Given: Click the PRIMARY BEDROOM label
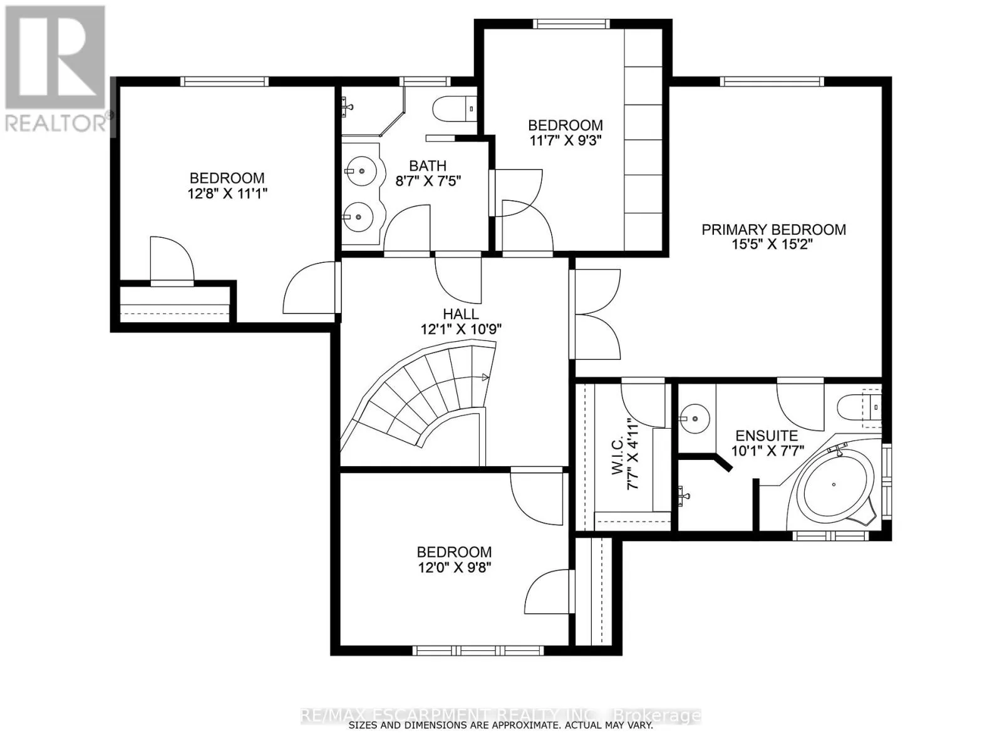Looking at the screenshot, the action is pyautogui.click(x=773, y=229).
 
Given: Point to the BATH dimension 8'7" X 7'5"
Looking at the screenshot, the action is pyautogui.click(x=428, y=181).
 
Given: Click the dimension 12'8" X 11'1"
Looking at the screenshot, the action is pyautogui.click(x=227, y=194).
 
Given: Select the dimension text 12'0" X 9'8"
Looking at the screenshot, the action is pyautogui.click(x=454, y=568).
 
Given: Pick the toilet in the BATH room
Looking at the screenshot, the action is pyautogui.click(x=454, y=109).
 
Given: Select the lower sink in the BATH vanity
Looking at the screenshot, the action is pyautogui.click(x=359, y=217).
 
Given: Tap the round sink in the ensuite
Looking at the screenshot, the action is pyautogui.click(x=694, y=418).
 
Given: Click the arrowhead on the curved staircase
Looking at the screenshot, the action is pyautogui.click(x=485, y=377).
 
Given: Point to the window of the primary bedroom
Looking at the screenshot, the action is pyautogui.click(x=772, y=81).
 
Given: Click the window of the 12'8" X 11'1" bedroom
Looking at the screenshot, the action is pyautogui.click(x=225, y=81).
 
